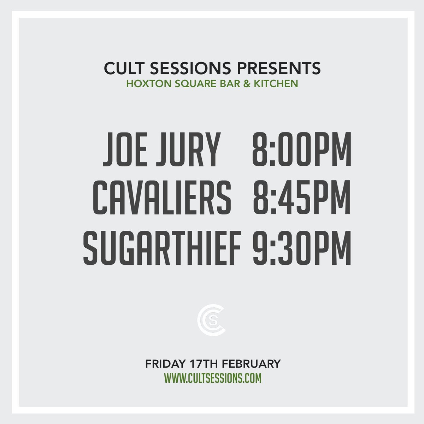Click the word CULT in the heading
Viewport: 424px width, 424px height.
(122, 69)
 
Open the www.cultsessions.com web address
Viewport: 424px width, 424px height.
(212, 378)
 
